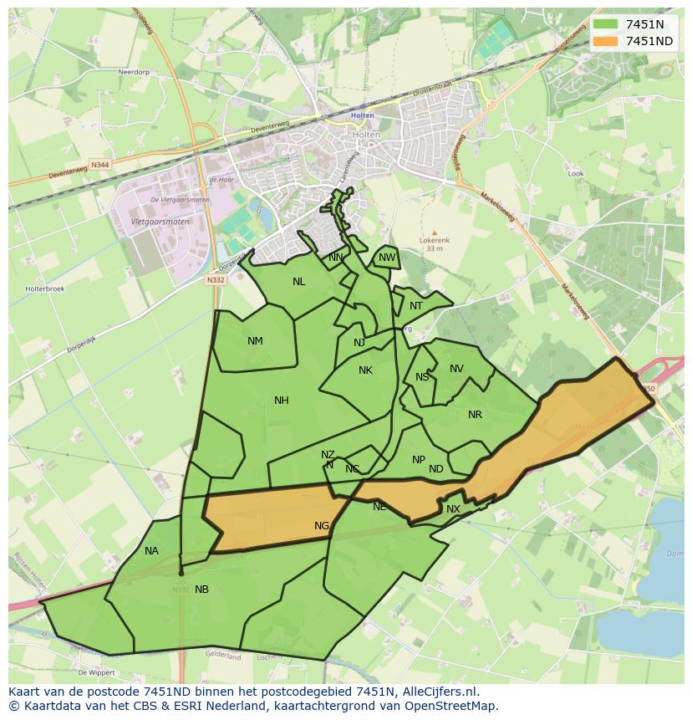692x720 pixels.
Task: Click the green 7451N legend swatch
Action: tap(606, 24)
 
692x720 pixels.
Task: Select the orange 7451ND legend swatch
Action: tap(606, 41)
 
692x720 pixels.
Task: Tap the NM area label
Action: tap(255, 340)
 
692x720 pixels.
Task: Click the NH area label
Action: tap(282, 401)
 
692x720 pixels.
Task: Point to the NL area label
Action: tap(298, 282)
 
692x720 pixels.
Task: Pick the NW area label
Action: tap(386, 258)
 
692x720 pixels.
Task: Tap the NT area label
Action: tap(416, 306)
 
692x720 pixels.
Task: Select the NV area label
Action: tap(456, 369)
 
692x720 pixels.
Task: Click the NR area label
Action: tap(475, 415)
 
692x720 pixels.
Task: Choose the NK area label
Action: tap(365, 370)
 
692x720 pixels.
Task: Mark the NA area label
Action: tap(151, 550)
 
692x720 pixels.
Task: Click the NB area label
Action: tap(201, 590)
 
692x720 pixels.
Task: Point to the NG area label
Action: tap(322, 526)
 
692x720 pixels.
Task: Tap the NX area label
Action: tap(453, 509)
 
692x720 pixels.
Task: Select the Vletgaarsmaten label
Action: tap(160, 222)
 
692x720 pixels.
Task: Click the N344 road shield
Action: tap(100, 166)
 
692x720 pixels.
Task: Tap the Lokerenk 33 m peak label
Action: tap(434, 243)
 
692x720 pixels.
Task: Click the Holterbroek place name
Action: tap(40, 289)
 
